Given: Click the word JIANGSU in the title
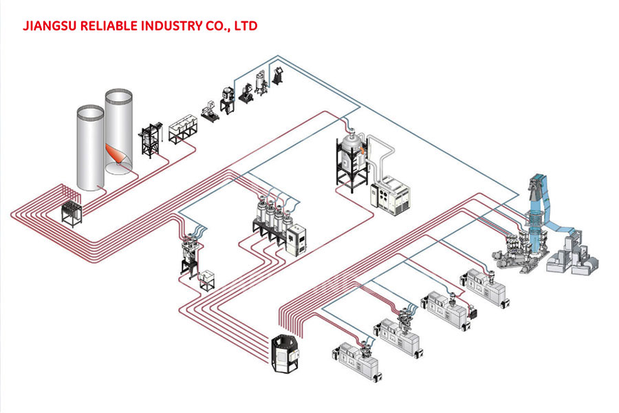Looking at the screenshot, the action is pos(50,26).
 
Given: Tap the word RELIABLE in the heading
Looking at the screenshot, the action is pos(109,26).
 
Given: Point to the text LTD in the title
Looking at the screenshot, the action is pos(246,26).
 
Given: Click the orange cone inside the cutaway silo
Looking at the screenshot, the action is pos(115,154).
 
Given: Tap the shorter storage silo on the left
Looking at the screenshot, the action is pos(90,147).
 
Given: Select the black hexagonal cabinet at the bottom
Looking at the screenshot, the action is pos(286,353).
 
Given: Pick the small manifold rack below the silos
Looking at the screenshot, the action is pos(72,214).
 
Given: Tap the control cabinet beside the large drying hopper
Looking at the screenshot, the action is pos(389,195).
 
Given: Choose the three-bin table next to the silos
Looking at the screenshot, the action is pos(183,129).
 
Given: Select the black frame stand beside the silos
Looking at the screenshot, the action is pos(151,140).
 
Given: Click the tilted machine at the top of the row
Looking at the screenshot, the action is pos(279,75).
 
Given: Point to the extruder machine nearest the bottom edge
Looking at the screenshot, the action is pos(357,361).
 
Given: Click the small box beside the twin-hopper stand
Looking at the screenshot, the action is pos(207,280).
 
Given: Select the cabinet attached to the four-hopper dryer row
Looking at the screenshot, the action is pos(297,240).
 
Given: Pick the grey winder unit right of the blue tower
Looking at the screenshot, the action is pos(573,255).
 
